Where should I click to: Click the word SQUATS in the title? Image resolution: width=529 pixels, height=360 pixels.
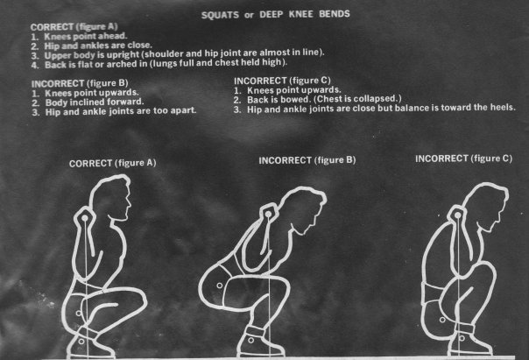(x=220, y=15)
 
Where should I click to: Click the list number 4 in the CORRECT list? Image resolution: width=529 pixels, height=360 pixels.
(x=35, y=65)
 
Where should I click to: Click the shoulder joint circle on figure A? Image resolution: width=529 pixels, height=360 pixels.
(x=84, y=218)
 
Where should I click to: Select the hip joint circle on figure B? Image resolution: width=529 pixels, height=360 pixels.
(x=219, y=286)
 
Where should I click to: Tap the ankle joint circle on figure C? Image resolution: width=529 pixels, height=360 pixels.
(x=462, y=338)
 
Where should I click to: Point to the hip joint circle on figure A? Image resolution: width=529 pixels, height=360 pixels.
(x=79, y=313)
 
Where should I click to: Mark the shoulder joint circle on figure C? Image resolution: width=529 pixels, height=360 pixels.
(x=457, y=215)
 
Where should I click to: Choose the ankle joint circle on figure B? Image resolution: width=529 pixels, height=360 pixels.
(x=250, y=340)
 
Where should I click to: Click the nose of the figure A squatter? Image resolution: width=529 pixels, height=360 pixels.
(x=130, y=203)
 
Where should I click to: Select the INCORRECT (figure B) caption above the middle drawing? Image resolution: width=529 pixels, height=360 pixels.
(x=307, y=160)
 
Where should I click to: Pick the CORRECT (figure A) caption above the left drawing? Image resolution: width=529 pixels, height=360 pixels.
(x=112, y=163)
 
